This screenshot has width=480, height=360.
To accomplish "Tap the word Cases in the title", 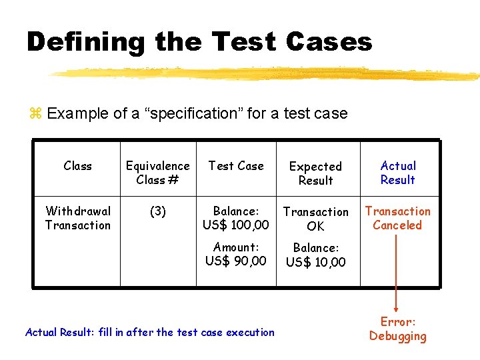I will (328, 42).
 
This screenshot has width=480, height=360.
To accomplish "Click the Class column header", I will (77, 166).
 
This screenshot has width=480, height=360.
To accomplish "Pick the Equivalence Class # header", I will (158, 173).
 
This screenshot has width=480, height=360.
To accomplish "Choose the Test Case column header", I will (236, 166).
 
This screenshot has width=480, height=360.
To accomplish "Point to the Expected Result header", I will (315, 173).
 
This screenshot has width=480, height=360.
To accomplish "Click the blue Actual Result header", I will (398, 173).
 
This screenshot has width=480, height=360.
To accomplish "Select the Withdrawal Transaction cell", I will (77, 218).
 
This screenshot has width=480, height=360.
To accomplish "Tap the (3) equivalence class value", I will (158, 211).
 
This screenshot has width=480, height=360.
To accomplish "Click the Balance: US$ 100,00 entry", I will (236, 218).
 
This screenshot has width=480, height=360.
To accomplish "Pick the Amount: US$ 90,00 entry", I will (236, 253).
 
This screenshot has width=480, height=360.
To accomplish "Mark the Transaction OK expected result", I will (315, 219).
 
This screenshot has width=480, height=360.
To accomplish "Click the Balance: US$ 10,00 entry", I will (315, 255).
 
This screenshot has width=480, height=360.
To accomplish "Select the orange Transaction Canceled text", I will (397, 218).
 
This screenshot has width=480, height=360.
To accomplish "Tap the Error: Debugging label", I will (398, 329).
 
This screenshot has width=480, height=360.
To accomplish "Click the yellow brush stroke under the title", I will (267, 73).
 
